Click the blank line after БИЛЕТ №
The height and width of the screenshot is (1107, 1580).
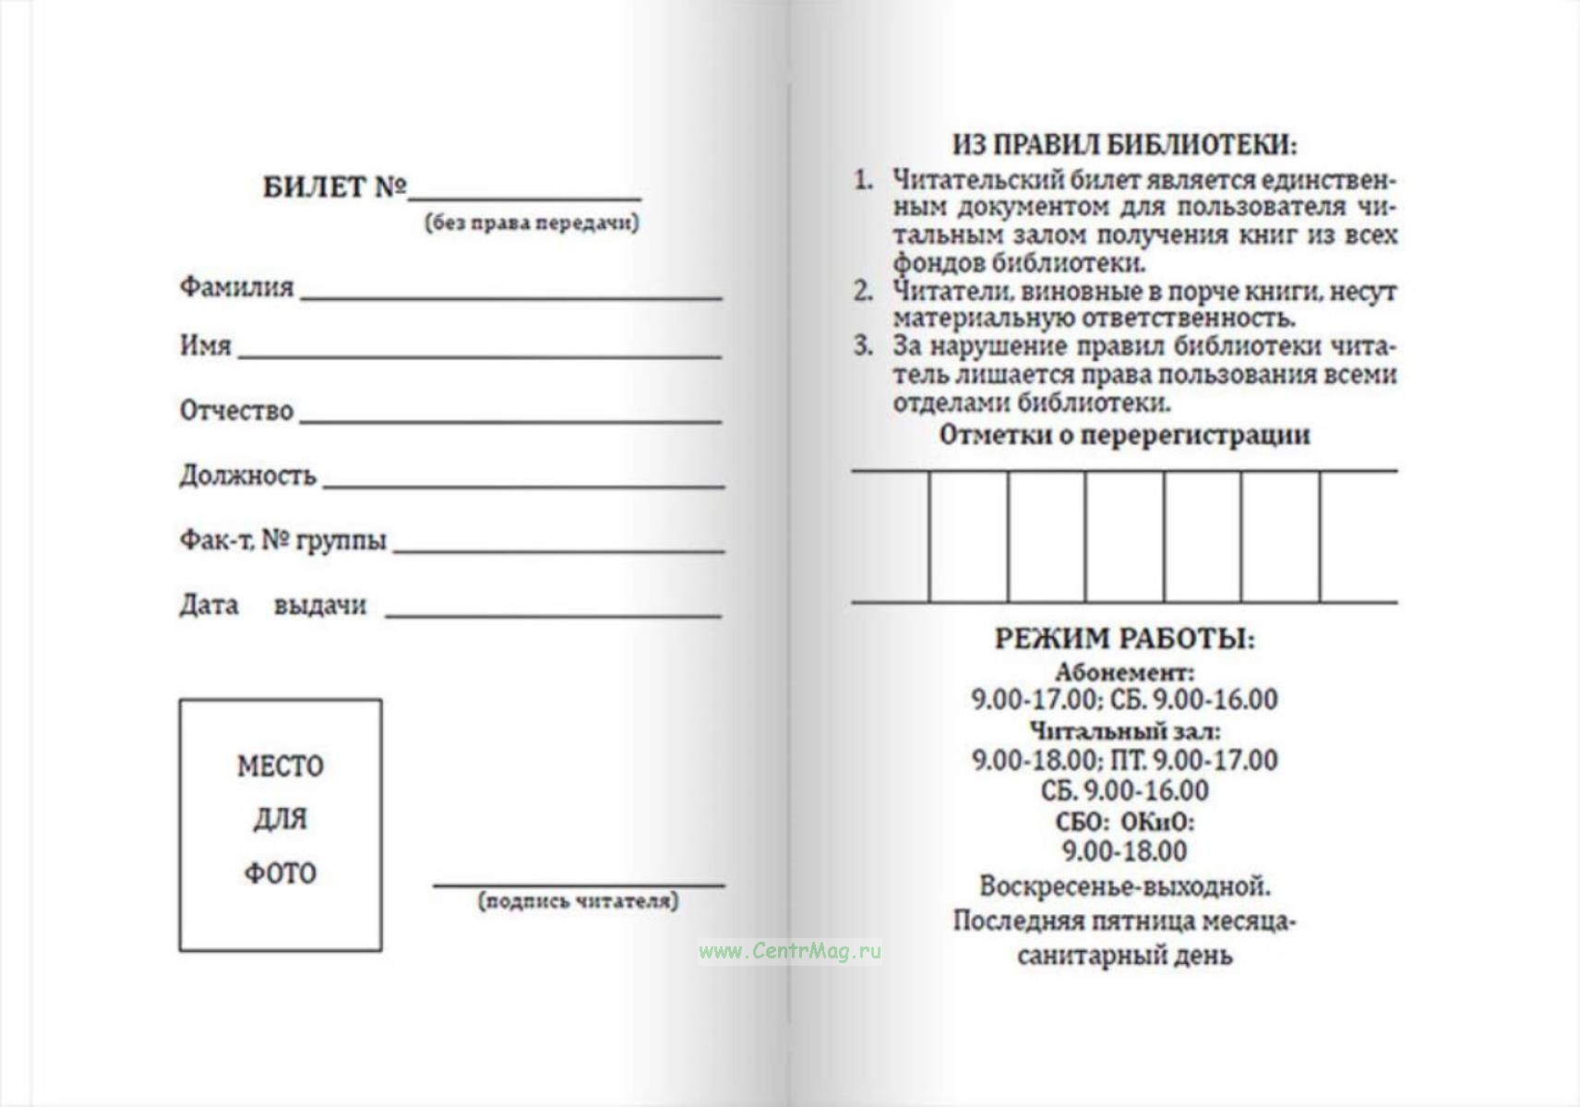[524, 197]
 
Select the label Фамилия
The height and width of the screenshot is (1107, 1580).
[236, 287]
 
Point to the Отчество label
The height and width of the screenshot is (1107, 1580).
[236, 411]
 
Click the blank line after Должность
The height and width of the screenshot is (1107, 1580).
[523, 485]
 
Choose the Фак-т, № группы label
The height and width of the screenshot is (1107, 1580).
[282, 540]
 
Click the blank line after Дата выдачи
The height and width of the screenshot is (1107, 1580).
[553, 614]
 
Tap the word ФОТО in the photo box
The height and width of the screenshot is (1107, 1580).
[280, 873]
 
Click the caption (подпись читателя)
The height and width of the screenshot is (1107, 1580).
[578, 901]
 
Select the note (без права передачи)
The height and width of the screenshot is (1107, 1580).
[532, 223]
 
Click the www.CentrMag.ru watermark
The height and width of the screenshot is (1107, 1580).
[789, 951]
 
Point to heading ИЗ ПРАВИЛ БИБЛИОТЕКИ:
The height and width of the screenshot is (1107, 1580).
[1124, 145]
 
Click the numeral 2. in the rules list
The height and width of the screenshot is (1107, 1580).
[863, 292]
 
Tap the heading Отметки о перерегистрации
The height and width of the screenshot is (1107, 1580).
[1124, 435]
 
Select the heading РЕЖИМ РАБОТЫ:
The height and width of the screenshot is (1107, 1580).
[1124, 639]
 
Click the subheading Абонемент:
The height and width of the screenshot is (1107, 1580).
[1124, 671]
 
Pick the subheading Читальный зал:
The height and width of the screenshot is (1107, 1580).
[1124, 730]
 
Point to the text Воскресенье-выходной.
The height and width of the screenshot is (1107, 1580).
[1124, 886]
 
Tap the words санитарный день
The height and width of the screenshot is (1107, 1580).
[1124, 956]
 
